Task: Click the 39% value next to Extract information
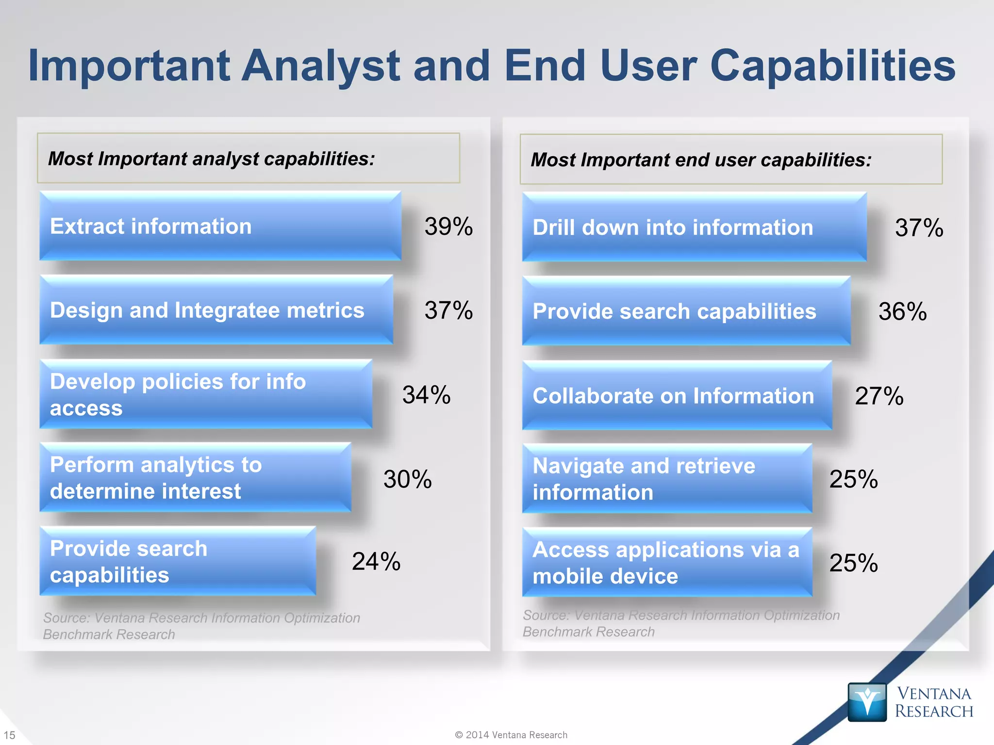[448, 227]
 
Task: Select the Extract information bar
[220, 226]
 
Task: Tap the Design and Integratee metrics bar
[216, 310]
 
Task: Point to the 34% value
[426, 395]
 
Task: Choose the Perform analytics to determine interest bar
[195, 478]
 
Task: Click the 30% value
[407, 479]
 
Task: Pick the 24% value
[376, 562]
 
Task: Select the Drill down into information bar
[694, 227]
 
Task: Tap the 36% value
[902, 311]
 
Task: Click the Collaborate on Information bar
[677, 396]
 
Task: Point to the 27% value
[879, 396]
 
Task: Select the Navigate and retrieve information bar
[667, 479]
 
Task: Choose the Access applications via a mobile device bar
[667, 563]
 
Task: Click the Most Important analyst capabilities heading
[212, 159]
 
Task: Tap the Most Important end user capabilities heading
[701, 160]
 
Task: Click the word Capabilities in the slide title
[832, 66]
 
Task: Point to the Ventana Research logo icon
[867, 702]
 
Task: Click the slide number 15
[10, 735]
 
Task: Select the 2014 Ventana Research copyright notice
[511, 735]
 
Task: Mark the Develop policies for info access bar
[206, 394]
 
